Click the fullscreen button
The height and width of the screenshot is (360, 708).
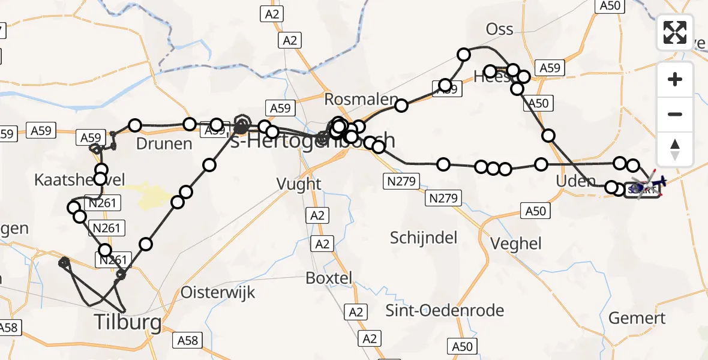pos(675,32)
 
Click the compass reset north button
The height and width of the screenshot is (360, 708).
pos(675,149)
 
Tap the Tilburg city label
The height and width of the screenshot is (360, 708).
pos(128,323)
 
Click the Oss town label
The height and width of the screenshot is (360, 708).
pos(500,29)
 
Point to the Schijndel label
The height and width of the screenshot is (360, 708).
pos(424,238)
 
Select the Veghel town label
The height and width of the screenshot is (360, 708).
pos(516,243)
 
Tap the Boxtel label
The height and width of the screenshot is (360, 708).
pos(328,278)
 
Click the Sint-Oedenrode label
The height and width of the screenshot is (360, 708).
pos(444,310)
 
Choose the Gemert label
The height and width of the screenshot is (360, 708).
pos(637,317)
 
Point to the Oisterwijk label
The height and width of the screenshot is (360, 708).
pos(218,292)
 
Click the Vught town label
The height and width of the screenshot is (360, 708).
pos(299,184)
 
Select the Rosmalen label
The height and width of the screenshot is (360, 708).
pos(362,99)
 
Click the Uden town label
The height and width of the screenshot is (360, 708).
pos(576,181)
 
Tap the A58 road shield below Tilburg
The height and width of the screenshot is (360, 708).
pos(188,340)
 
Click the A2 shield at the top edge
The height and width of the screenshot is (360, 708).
pos(272,14)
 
